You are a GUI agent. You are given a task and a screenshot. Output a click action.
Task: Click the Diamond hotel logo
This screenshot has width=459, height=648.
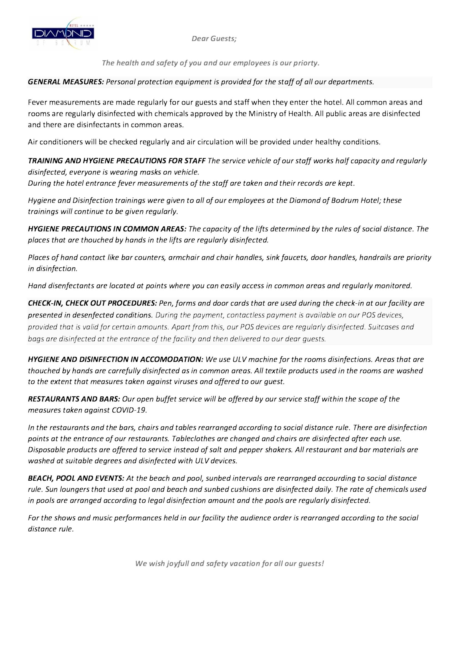pyautogui.click(x=63, y=34)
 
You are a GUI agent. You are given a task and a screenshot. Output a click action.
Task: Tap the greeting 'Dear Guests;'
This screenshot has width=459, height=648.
pyautogui.click(x=214, y=39)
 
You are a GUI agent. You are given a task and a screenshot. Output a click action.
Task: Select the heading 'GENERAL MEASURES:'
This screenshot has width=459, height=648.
pyautogui.click(x=66, y=82)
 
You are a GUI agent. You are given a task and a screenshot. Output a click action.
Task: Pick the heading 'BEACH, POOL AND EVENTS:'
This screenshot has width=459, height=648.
pyautogui.click(x=76, y=478)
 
